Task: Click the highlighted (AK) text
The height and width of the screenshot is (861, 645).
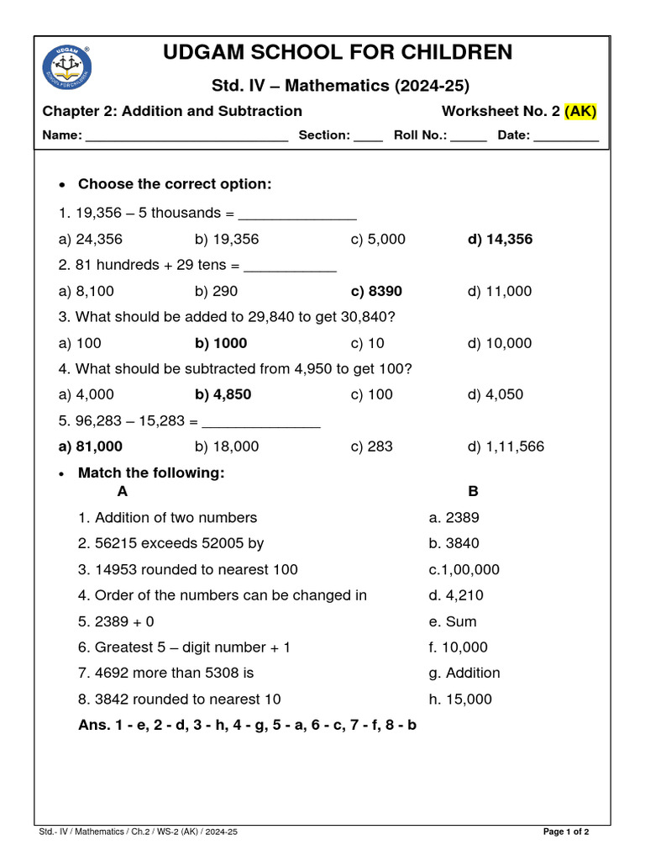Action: click(x=580, y=111)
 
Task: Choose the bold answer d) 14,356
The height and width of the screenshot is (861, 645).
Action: click(x=500, y=240)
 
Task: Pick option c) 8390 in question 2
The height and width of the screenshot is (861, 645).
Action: click(x=376, y=292)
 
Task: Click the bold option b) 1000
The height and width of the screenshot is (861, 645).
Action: click(x=221, y=343)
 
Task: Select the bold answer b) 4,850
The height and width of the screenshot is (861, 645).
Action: click(x=223, y=395)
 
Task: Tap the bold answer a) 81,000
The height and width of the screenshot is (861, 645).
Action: click(x=91, y=446)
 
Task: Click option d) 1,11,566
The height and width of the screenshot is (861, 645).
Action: click(x=506, y=446)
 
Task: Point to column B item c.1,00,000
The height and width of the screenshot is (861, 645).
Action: click(x=464, y=570)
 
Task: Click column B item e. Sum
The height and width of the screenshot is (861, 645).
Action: click(x=452, y=622)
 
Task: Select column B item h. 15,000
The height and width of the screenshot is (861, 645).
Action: click(x=460, y=700)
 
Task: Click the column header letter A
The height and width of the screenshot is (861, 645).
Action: click(x=123, y=492)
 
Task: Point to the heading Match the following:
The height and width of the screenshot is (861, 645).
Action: click(x=151, y=473)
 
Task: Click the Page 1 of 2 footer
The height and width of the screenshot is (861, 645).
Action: click(x=566, y=832)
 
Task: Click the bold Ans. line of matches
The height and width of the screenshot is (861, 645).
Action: click(x=247, y=726)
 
